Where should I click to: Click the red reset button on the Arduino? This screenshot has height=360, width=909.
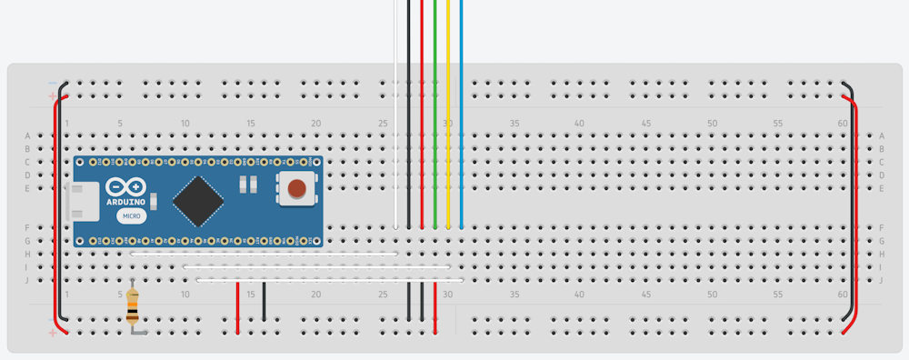296,188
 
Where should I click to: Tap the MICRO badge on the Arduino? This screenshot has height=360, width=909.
133,215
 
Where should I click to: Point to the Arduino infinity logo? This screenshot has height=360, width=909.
124,185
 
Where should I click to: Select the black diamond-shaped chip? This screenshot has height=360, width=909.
199,201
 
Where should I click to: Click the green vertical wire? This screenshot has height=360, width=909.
435,109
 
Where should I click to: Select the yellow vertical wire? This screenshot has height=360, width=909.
448,109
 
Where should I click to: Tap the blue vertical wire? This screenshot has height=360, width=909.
462,109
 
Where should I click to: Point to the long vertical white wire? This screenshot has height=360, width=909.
395,109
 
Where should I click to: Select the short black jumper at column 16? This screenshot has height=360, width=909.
265,302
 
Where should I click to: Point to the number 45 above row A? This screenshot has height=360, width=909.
645,124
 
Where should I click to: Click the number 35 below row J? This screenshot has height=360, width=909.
514,295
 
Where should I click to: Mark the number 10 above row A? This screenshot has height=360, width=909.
185,124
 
